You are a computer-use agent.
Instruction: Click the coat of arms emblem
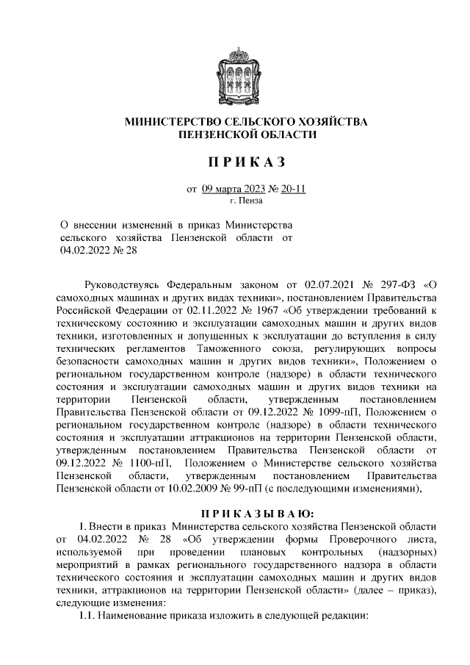click(235, 72)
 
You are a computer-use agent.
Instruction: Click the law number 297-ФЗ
click(397, 283)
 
